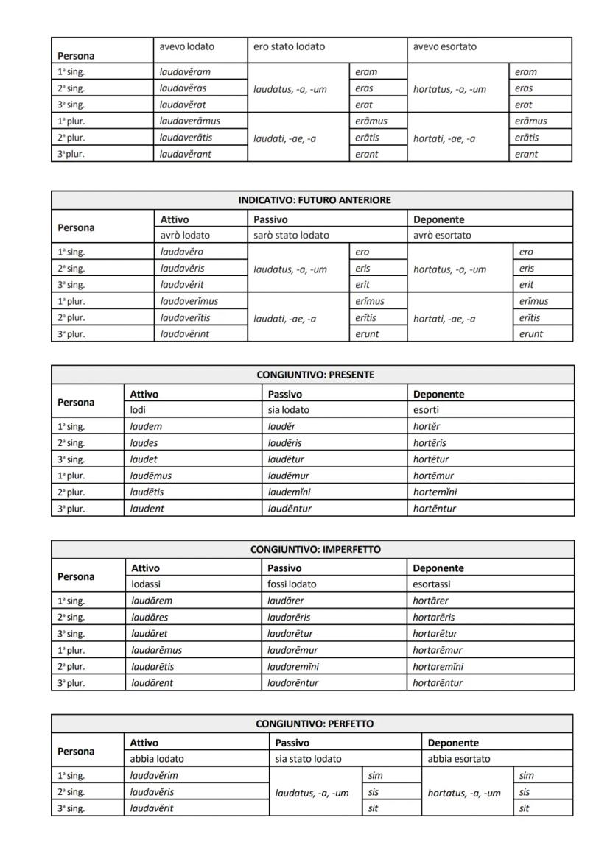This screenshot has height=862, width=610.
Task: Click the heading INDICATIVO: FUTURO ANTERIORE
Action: (314, 200)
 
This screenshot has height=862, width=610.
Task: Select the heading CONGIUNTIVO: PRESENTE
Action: (315, 375)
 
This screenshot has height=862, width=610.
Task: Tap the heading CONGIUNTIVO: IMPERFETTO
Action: (315, 549)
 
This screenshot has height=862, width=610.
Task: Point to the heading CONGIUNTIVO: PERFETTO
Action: (315, 724)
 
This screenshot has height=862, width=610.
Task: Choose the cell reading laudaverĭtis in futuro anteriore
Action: (185, 318)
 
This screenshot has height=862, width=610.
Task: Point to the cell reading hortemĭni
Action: (435, 492)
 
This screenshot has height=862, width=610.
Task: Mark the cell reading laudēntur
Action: (290, 509)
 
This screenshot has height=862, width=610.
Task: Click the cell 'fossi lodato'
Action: (292, 584)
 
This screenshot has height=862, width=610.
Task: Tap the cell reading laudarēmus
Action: (156, 650)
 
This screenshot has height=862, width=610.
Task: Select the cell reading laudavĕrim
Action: (154, 775)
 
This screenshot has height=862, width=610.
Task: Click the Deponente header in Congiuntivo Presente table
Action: (438, 394)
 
